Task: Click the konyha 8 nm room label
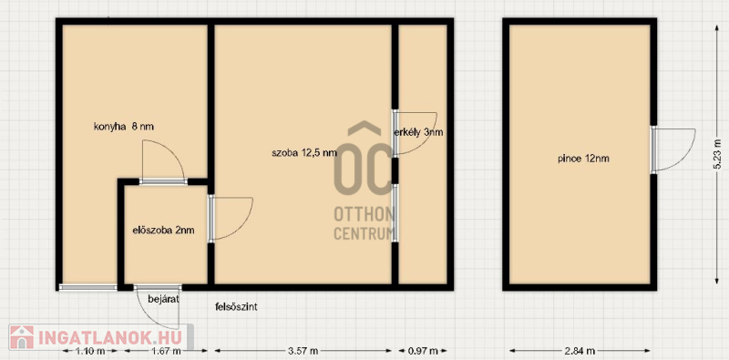coord(124,127)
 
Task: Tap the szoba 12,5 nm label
coord(304,153)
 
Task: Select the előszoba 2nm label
coord(163,230)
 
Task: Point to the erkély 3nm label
coord(418,132)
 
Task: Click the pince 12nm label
coord(583,159)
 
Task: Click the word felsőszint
coord(236,307)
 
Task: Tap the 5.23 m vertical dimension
coord(717,153)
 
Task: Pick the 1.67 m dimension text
coord(165,351)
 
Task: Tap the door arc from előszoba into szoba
coord(246,223)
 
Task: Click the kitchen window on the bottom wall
coord(87,287)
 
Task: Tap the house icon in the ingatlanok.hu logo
coord(21,337)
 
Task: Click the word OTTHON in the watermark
coord(364,215)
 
